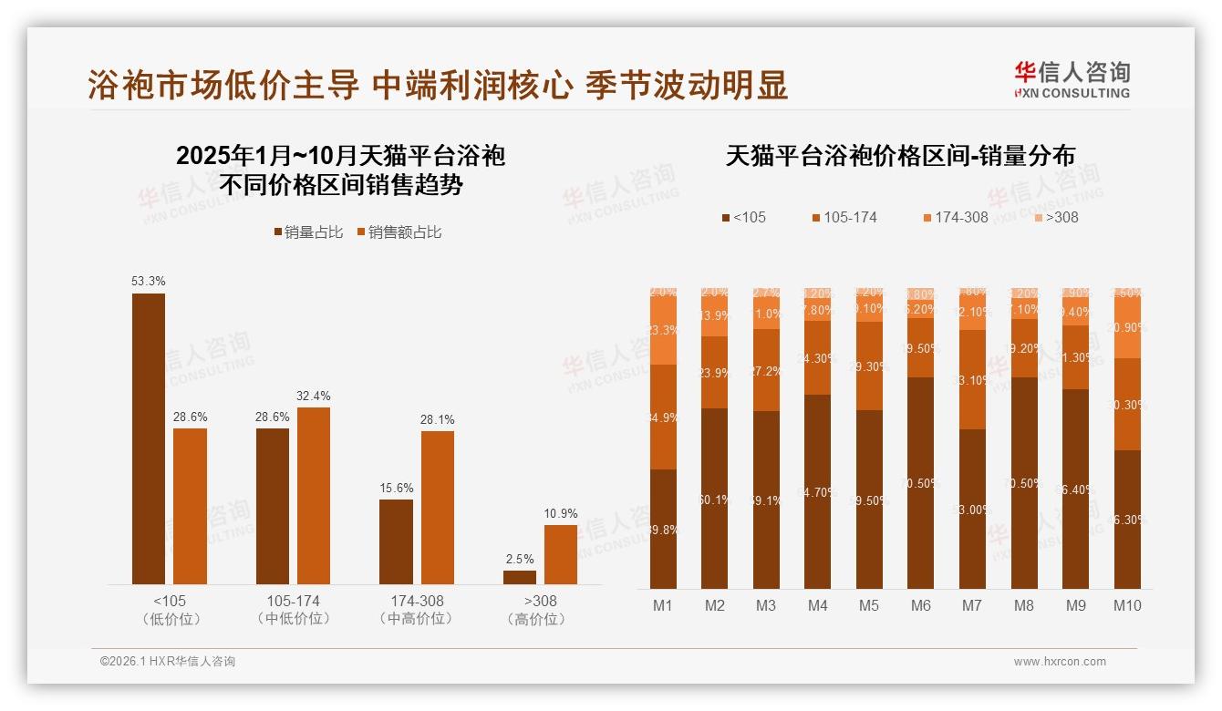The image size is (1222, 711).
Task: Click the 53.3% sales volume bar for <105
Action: (149, 438)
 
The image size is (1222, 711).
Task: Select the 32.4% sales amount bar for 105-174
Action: (314, 496)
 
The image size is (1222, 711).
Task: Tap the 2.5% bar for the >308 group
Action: (520, 577)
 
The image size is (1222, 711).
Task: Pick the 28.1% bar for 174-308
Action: (438, 508)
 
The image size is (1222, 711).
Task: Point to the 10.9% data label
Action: (561, 513)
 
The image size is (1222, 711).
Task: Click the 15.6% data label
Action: (397, 488)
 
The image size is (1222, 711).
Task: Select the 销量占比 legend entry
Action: (308, 232)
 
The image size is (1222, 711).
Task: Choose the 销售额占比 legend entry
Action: (399, 232)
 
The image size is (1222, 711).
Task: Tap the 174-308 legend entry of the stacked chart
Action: (955, 217)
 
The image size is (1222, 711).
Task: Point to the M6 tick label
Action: (921, 605)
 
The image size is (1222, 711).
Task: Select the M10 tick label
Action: (1127, 605)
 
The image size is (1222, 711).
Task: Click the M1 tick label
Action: (663, 605)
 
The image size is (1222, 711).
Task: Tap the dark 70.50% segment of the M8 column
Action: (1024, 483)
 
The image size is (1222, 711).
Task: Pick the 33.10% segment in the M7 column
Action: (973, 380)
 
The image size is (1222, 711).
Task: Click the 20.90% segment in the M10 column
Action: (1127, 329)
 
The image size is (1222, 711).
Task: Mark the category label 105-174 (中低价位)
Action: (294, 610)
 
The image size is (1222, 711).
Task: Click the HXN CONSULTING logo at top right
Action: (1072, 79)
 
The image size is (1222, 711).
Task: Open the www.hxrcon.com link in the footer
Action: (1060, 662)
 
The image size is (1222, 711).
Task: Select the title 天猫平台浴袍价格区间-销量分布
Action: (900, 156)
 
